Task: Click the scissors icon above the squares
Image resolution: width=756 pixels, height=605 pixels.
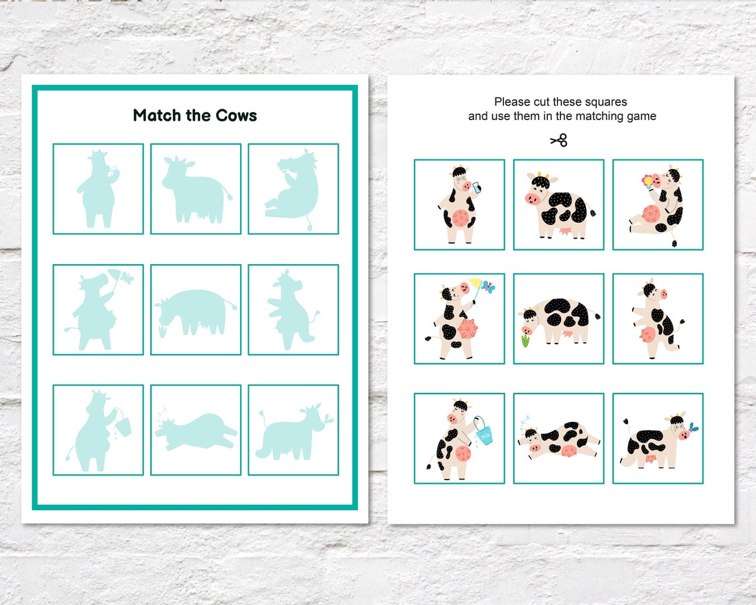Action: point(559,140)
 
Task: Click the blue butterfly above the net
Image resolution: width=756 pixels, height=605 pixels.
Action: point(489,287)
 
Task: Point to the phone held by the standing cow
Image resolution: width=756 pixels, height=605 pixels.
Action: point(476,188)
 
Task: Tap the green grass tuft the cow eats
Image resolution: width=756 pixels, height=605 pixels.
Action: point(525,341)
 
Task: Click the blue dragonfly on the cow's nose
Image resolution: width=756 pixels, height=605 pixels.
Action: point(693,427)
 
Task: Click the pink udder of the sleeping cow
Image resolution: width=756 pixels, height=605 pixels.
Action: point(568,451)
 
